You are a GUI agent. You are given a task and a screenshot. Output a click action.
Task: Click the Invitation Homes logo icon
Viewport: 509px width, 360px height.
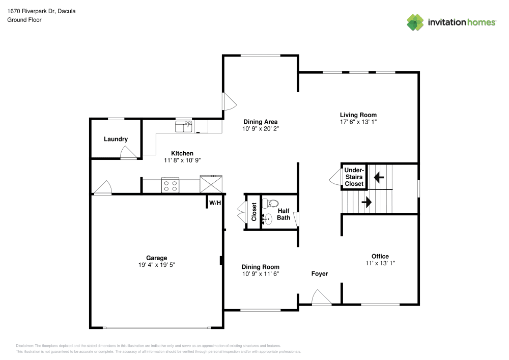(x=415, y=22)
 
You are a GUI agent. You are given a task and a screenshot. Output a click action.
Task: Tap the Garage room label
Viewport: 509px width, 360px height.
(x=156, y=258)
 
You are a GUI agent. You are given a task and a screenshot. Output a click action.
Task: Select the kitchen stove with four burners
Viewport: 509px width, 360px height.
(x=171, y=185)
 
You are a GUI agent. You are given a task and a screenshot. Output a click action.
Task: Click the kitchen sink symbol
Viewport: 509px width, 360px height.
(x=183, y=126)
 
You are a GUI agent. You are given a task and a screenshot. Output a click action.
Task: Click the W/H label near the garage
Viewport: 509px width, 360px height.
(x=215, y=203)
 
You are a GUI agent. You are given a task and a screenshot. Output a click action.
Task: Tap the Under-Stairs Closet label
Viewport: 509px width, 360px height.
(x=354, y=177)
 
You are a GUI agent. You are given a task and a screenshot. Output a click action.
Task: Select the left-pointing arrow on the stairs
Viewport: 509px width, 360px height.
(x=378, y=178)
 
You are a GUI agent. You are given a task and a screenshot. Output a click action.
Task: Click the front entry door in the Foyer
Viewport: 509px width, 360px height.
(x=321, y=298)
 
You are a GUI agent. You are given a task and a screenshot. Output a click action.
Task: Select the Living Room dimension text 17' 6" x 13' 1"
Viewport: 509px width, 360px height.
(x=358, y=122)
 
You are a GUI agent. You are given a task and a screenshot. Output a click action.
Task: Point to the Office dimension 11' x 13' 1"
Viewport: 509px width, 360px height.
(x=380, y=263)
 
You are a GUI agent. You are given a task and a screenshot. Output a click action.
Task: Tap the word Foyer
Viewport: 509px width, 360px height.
(x=320, y=274)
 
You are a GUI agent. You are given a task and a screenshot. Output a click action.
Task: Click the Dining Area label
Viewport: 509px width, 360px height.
(x=260, y=122)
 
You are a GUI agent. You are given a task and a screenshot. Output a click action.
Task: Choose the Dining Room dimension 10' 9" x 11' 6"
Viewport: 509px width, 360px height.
(x=260, y=274)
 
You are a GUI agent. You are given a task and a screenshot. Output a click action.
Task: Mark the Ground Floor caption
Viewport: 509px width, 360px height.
(x=24, y=20)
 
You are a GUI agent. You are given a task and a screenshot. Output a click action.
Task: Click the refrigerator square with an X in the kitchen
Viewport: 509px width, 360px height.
(x=211, y=184)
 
